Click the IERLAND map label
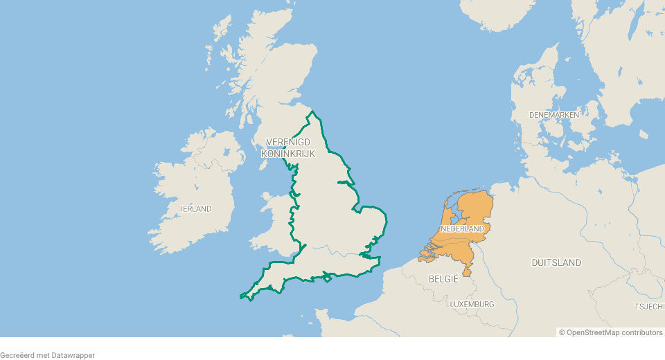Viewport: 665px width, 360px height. (196, 208)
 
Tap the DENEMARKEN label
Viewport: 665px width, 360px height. (553, 114)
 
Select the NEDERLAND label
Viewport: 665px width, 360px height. (462, 228)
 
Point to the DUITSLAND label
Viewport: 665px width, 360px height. (556, 262)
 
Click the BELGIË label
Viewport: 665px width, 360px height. (444, 279)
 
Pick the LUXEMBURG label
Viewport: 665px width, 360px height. (472, 304)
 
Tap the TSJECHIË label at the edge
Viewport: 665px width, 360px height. (650, 306)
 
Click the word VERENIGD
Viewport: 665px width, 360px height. (287, 142)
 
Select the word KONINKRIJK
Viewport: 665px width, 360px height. (287, 153)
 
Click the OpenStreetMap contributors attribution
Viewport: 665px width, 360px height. (611, 332)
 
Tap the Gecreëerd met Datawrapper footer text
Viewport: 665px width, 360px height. (47, 355)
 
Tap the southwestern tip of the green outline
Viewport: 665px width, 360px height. (242, 296)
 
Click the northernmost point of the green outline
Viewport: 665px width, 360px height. (313, 111)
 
